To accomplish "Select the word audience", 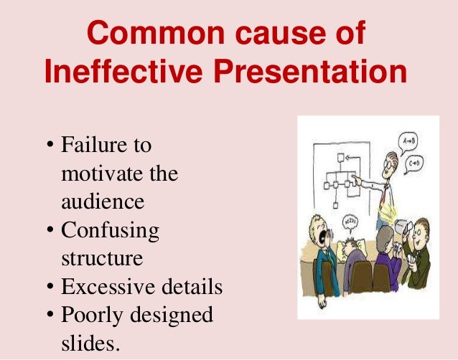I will [x=103, y=202].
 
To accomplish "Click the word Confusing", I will [x=110, y=230].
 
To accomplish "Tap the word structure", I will [x=102, y=258].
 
